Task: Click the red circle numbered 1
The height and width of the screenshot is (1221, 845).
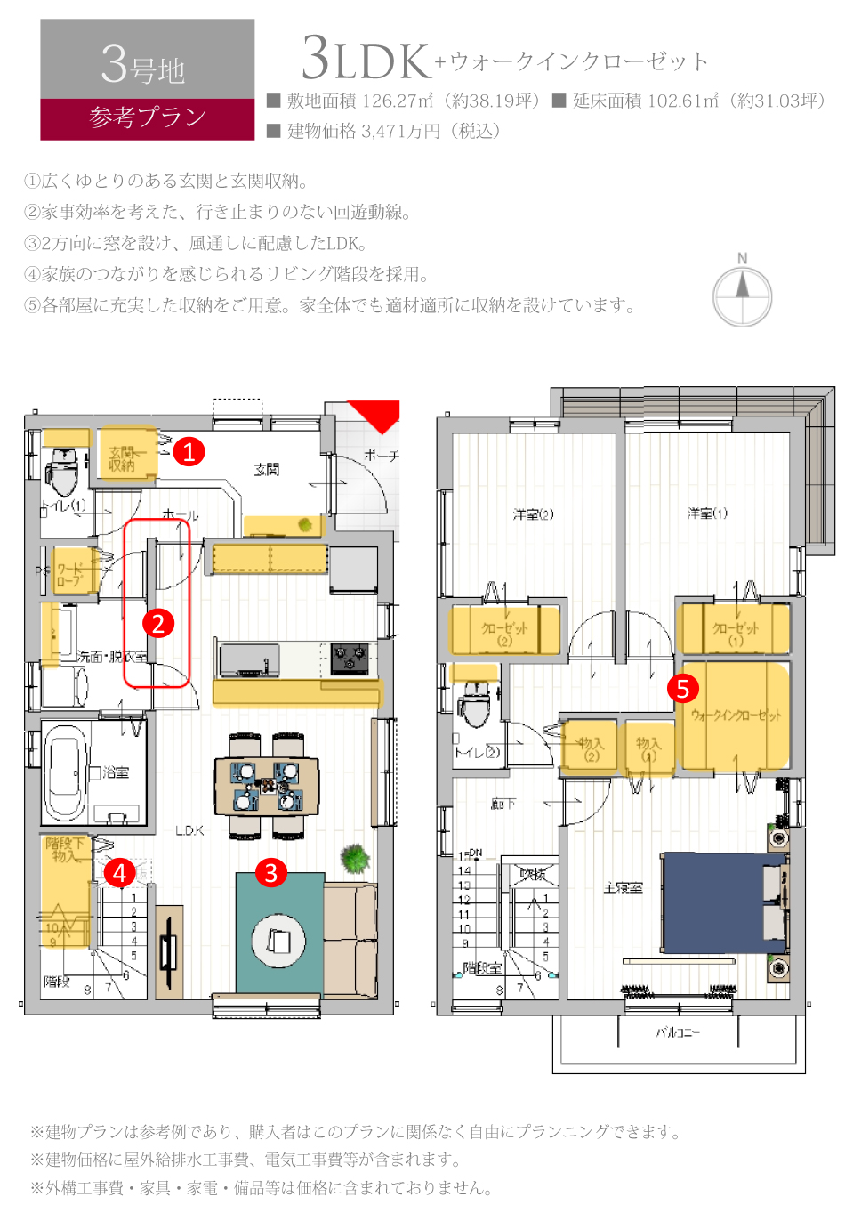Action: coord(189,452)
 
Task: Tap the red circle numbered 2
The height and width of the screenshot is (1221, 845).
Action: coord(158,623)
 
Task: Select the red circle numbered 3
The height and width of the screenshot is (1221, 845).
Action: coord(271,872)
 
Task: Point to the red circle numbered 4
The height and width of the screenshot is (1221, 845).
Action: coord(120,872)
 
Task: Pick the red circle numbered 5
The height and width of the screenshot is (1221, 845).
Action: coord(683,688)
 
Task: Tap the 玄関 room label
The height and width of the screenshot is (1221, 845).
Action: coord(267,469)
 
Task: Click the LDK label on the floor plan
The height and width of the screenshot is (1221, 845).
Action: coord(189,830)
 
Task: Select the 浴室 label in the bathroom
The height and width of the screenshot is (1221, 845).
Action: coord(116,772)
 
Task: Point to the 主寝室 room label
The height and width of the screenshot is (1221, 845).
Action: coord(623,887)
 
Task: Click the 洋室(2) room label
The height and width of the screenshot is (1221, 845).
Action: coord(534,513)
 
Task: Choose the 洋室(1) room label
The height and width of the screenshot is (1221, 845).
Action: coord(707,513)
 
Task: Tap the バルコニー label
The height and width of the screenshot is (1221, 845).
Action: coord(678,1032)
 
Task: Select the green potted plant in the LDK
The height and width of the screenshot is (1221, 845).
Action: coord(355,859)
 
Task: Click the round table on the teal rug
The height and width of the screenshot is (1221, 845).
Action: coord(279,940)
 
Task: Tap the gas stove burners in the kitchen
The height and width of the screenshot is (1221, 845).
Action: coord(350,658)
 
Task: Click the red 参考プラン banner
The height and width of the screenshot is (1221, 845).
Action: coord(148,118)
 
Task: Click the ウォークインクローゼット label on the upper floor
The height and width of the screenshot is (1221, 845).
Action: coord(736,715)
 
